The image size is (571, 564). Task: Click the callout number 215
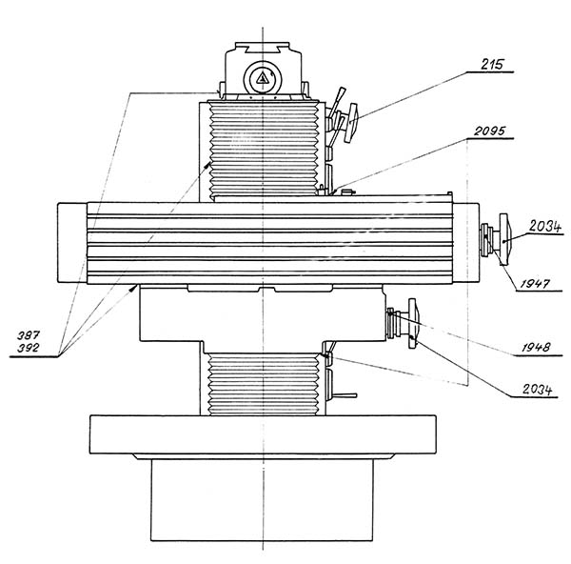pyautogui.click(x=492, y=65)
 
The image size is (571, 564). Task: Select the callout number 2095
pyautogui.click(x=489, y=131)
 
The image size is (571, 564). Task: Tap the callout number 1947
pyautogui.click(x=534, y=284)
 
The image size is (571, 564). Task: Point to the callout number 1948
pyautogui.click(x=536, y=347)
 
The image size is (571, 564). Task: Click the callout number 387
pyautogui.click(x=28, y=335)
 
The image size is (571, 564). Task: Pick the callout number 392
pyautogui.click(x=28, y=348)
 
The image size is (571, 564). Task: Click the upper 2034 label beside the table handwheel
pyautogui.click(x=545, y=227)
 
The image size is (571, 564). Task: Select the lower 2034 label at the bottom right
pyautogui.click(x=537, y=390)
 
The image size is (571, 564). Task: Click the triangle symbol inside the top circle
pyautogui.click(x=263, y=78)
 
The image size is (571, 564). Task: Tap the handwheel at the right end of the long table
pyautogui.click(x=505, y=239)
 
